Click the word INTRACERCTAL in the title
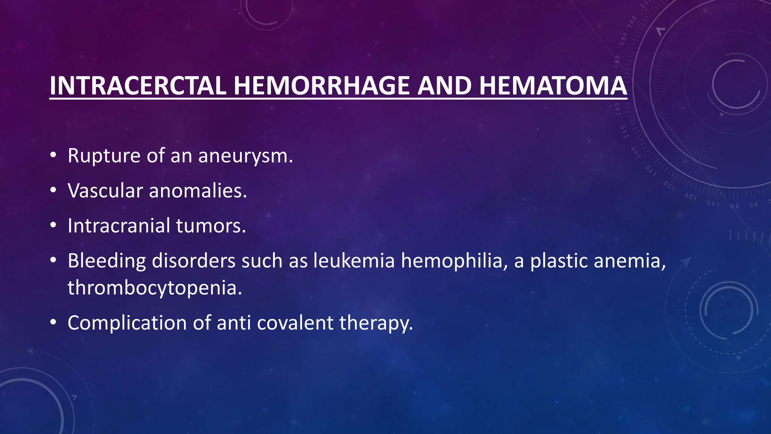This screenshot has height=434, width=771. click(137, 86)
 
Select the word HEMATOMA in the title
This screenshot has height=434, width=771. click(553, 86)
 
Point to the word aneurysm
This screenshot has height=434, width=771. click(245, 156)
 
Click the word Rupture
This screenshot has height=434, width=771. click(104, 156)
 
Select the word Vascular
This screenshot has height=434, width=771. click(105, 191)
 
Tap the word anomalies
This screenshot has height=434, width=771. click(198, 191)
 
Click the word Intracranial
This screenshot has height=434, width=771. click(119, 226)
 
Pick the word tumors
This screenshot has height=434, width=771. click(211, 226)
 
